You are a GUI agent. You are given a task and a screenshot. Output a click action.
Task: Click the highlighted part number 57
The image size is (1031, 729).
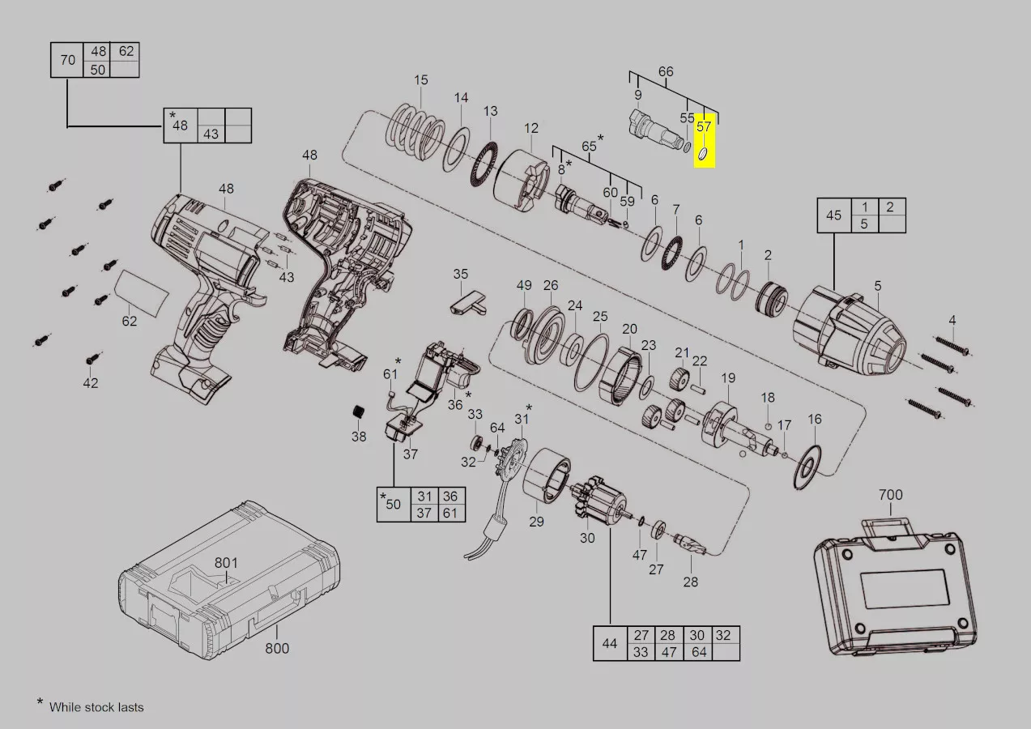[x=704, y=126]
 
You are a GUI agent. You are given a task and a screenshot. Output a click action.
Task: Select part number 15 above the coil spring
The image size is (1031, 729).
[x=420, y=80]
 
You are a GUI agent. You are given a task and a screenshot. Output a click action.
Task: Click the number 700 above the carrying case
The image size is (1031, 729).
[x=891, y=495]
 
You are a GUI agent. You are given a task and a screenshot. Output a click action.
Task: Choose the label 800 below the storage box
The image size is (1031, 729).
[x=277, y=649]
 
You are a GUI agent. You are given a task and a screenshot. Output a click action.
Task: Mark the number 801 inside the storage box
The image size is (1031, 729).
[x=226, y=563]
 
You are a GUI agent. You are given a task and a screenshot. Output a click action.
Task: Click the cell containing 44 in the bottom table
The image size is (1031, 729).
[x=611, y=643]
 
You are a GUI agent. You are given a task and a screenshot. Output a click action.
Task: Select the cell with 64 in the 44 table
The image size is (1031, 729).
[x=698, y=652]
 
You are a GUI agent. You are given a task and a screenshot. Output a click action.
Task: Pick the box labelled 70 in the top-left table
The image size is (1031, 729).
[x=67, y=60]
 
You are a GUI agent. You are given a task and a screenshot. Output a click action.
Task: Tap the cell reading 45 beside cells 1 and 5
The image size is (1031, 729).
[x=834, y=215]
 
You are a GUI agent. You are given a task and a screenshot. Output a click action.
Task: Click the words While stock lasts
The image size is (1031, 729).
[x=96, y=707]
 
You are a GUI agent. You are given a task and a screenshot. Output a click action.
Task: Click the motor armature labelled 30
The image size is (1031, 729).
[x=598, y=504]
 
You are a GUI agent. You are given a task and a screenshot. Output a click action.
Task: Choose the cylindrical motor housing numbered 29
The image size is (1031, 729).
[x=547, y=476]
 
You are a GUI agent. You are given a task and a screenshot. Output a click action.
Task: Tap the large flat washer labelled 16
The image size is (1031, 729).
[x=807, y=467]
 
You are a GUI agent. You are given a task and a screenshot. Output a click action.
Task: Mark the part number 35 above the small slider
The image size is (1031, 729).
[x=460, y=274]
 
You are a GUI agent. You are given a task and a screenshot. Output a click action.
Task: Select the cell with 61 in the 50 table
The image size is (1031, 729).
[x=450, y=513]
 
